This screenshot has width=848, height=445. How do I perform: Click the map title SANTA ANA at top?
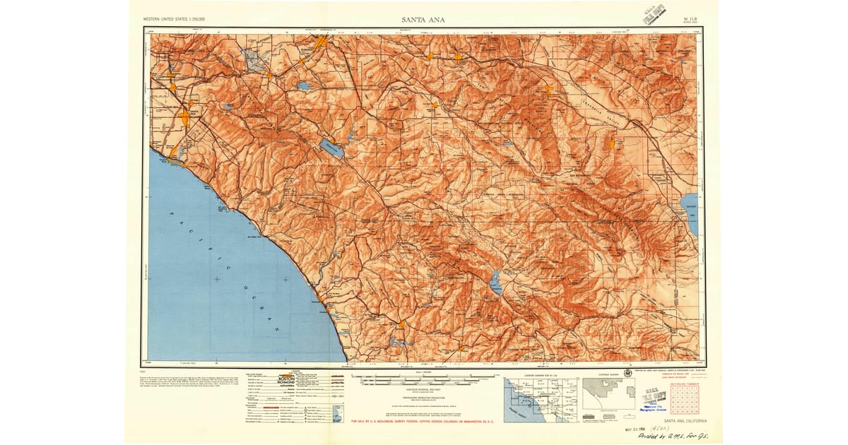click(x=423, y=20)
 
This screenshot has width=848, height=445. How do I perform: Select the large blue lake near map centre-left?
click(x=330, y=148)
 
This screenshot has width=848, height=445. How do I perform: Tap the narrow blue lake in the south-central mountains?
click(x=496, y=282)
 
